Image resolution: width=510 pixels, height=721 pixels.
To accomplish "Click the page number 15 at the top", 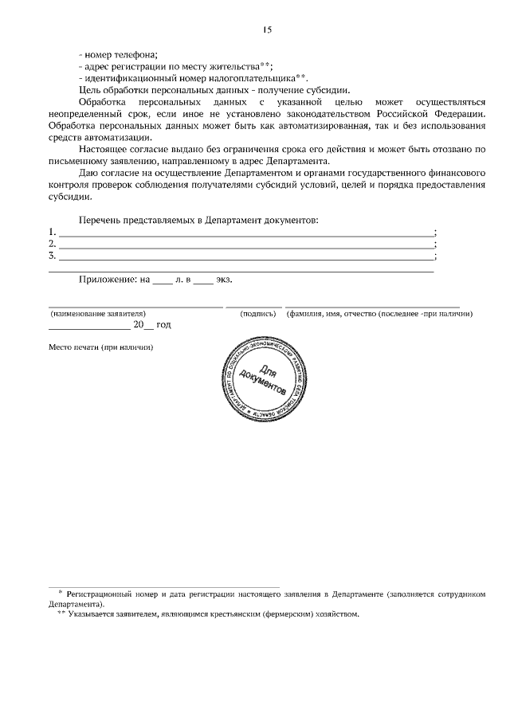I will point(267,29).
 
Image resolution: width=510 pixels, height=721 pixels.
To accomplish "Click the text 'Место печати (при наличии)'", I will point(100,347).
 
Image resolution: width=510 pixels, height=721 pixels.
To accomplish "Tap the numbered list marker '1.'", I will point(53,232).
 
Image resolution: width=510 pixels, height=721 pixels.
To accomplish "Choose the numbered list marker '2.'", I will point(53,244).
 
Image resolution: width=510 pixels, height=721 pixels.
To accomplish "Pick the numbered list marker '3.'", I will point(53,256).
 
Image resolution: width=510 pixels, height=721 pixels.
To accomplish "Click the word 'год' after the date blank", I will point(163,325).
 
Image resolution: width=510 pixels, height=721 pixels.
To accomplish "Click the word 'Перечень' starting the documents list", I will point(101,218).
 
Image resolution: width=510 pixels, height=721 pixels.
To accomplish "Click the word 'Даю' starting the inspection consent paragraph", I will point(88,174).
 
